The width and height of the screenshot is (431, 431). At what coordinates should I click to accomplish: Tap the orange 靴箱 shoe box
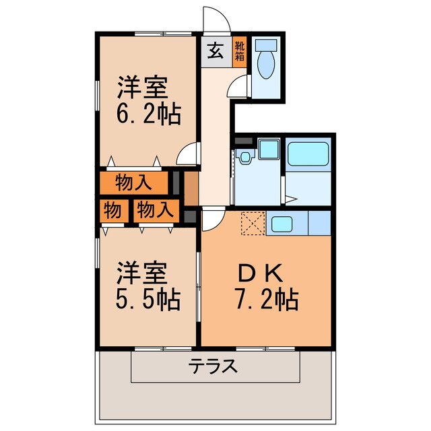click(239, 51)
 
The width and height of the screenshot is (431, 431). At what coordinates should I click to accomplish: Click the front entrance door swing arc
click(217, 20)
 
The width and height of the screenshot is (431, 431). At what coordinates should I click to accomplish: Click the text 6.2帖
click(149, 115)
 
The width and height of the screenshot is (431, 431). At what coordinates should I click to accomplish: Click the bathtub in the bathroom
click(308, 154)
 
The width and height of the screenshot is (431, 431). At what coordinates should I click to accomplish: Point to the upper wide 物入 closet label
click(133, 183)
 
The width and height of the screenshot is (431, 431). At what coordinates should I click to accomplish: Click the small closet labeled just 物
click(112, 210)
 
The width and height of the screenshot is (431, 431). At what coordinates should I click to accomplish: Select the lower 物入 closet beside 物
click(154, 210)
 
